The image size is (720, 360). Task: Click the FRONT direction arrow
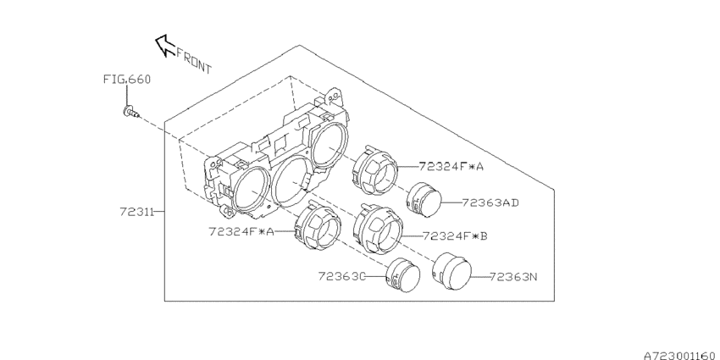pyautogui.click(x=165, y=46)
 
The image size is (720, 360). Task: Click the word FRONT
pyautogui.click(x=194, y=61)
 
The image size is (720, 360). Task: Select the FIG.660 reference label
pyautogui.click(x=126, y=80)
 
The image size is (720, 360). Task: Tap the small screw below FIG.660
pyautogui.click(x=130, y=112)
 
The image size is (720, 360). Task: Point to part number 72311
pyautogui.click(x=137, y=212)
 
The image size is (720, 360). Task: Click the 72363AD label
pyautogui.click(x=490, y=202)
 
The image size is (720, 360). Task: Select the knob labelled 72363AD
pyautogui.click(x=424, y=200)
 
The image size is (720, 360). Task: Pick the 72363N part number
pyautogui.click(x=513, y=277)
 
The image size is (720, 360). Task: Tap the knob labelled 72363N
pyautogui.click(x=451, y=271)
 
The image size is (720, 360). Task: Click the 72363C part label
pyautogui.click(x=341, y=276)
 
